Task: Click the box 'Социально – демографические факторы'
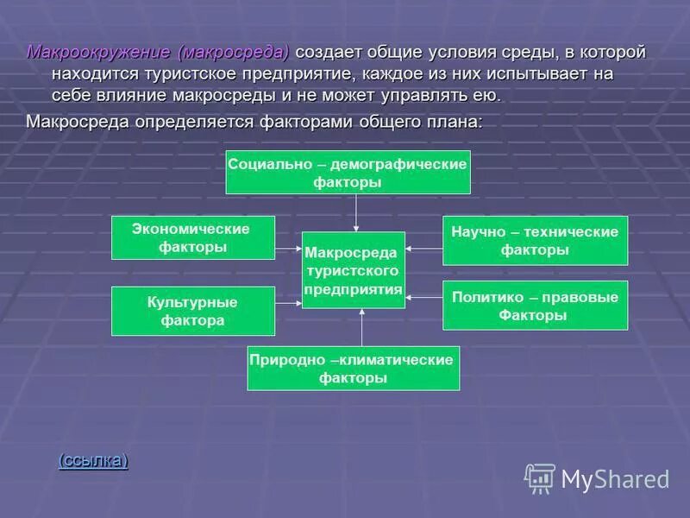pos(348,172)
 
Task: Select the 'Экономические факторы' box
pos(193,237)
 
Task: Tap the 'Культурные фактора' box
pos(193,311)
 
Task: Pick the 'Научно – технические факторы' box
pos(535,240)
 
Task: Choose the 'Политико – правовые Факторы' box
pos(535,306)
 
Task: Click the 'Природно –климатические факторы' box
pos(353,368)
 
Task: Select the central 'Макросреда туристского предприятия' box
pos(353,270)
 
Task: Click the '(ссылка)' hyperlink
pos(93,460)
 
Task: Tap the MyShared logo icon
pos(540,478)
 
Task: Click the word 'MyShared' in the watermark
pos(615,479)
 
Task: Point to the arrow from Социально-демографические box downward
pos(356,212)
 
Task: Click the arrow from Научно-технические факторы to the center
pos(423,249)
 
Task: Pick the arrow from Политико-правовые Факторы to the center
pos(423,297)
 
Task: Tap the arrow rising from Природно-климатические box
pos(362,327)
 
